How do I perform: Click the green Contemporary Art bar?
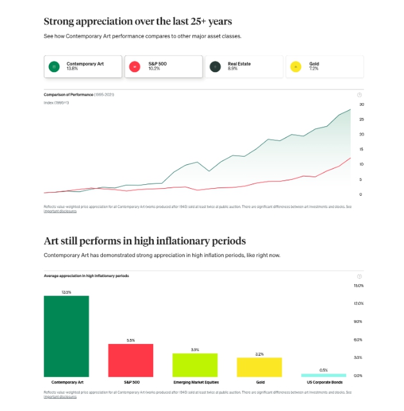[66, 336]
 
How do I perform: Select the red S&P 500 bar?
[131, 360]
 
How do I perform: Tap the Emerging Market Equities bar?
[195, 365]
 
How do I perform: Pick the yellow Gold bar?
[259, 367]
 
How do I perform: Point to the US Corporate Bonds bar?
[324, 375]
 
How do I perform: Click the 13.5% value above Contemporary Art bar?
[66, 292]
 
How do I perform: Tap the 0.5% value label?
[324, 370]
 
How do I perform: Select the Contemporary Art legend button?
[82, 66]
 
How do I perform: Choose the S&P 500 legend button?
[163, 66]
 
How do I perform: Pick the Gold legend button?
[324, 66]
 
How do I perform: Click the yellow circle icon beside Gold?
[295, 66]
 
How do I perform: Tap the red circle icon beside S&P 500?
[134, 66]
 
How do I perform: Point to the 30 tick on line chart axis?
[362, 104]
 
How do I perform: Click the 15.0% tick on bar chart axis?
[359, 285]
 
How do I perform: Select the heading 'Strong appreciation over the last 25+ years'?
[138, 21]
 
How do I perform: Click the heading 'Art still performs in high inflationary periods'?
[145, 241]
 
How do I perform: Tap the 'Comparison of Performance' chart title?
[68, 95]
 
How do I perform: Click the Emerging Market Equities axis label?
[195, 382]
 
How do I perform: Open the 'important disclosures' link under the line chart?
[60, 211]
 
